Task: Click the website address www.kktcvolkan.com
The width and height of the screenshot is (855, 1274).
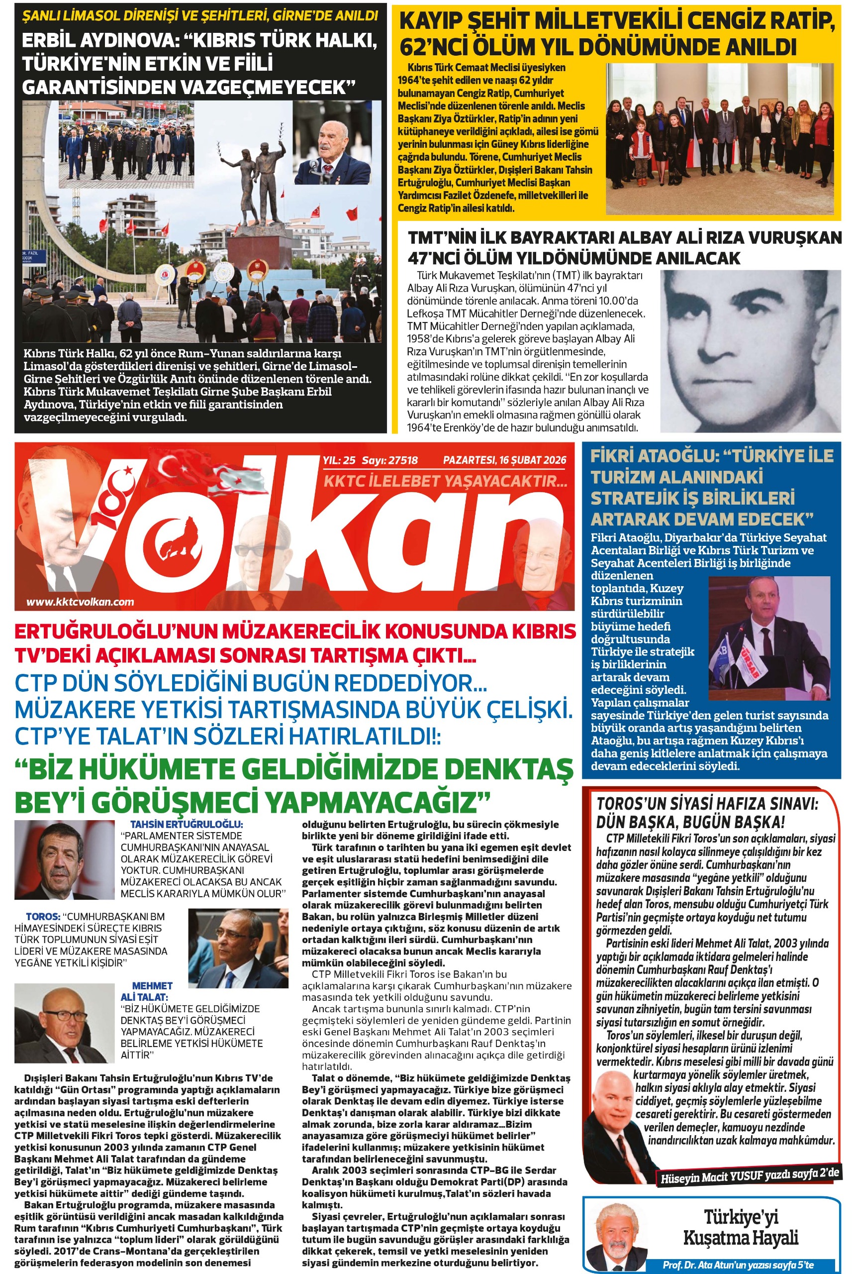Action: (80, 602)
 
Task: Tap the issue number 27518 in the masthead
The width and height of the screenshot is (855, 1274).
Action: (403, 460)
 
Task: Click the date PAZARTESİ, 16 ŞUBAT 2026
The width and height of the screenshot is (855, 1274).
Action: (504, 460)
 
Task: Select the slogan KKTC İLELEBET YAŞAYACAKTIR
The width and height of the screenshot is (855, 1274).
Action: (446, 481)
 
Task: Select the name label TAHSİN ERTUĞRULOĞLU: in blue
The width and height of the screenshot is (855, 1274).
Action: (187, 825)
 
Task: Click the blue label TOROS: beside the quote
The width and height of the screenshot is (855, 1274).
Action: (43, 917)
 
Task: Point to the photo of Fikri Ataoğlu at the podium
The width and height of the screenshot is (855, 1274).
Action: (769, 638)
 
